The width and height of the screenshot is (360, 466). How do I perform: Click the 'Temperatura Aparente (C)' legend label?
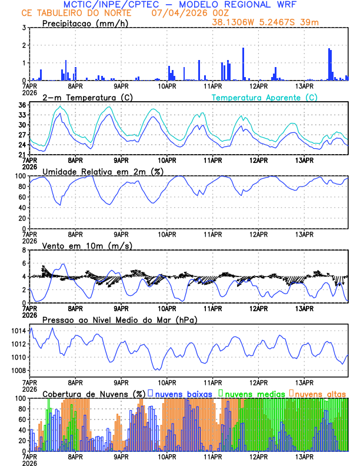click(x=264, y=97)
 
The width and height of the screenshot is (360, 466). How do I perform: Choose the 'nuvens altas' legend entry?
click(x=320, y=393)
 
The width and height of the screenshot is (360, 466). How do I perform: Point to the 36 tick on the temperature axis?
click(x=22, y=105)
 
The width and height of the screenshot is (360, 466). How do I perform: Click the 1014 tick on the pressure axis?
click(x=18, y=331)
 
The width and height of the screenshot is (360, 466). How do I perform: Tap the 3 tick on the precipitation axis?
click(x=24, y=28)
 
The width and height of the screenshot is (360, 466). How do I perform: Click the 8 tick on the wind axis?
click(x=24, y=250)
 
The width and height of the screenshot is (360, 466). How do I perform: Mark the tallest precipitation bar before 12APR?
click(x=243, y=64)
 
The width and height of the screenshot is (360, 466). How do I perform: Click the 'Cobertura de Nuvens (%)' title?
click(x=94, y=393)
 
